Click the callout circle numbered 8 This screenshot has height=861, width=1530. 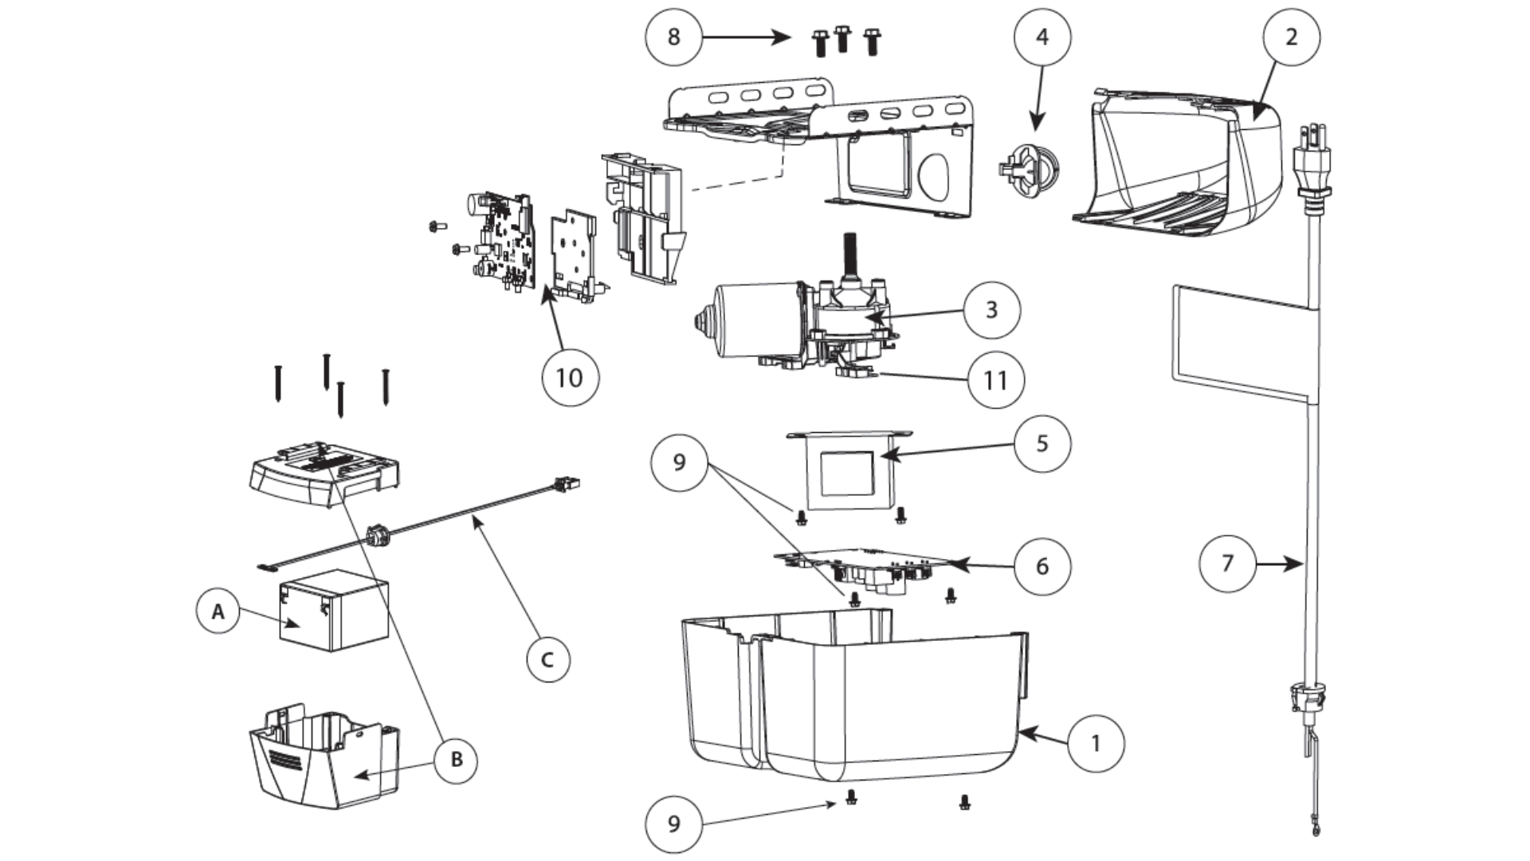point(673,37)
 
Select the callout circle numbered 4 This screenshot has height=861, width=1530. point(1042,37)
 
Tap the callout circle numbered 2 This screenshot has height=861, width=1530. point(1291,37)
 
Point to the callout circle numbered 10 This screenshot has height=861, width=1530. point(569,377)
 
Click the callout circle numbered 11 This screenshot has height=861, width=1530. point(995,380)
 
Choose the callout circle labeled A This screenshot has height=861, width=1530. point(218,611)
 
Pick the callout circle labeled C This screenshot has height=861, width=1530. point(548,660)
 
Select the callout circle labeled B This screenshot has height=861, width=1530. point(456,759)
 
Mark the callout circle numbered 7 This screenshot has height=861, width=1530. point(1227,564)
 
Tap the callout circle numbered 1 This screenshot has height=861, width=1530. point(1095,743)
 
